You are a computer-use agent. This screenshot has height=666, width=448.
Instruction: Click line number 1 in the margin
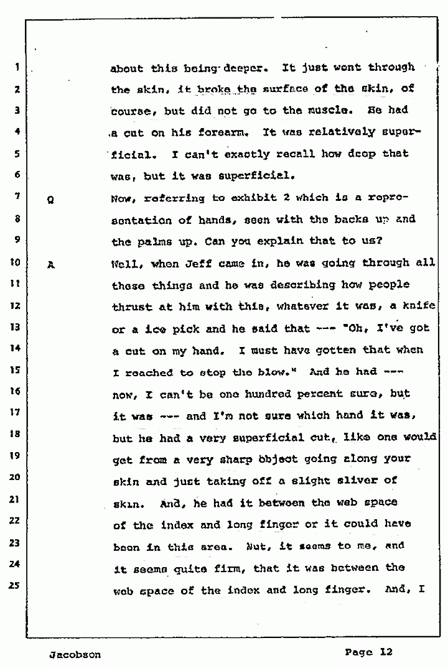[x=18, y=68]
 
